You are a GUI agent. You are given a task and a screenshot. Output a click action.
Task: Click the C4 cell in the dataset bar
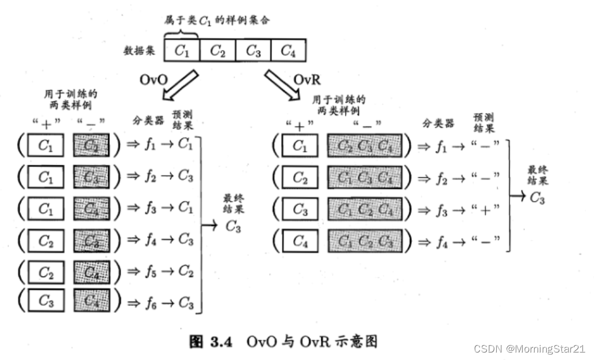click(288, 51)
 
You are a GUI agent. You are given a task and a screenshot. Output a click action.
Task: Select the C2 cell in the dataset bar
click(217, 51)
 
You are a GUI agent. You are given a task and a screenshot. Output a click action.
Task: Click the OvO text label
click(154, 80)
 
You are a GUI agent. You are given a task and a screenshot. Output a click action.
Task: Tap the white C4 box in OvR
click(300, 241)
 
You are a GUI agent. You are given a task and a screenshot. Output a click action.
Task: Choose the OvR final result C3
click(537, 198)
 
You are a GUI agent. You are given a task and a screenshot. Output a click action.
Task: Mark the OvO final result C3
click(233, 227)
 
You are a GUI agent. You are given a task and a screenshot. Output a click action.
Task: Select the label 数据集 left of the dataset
click(140, 51)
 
